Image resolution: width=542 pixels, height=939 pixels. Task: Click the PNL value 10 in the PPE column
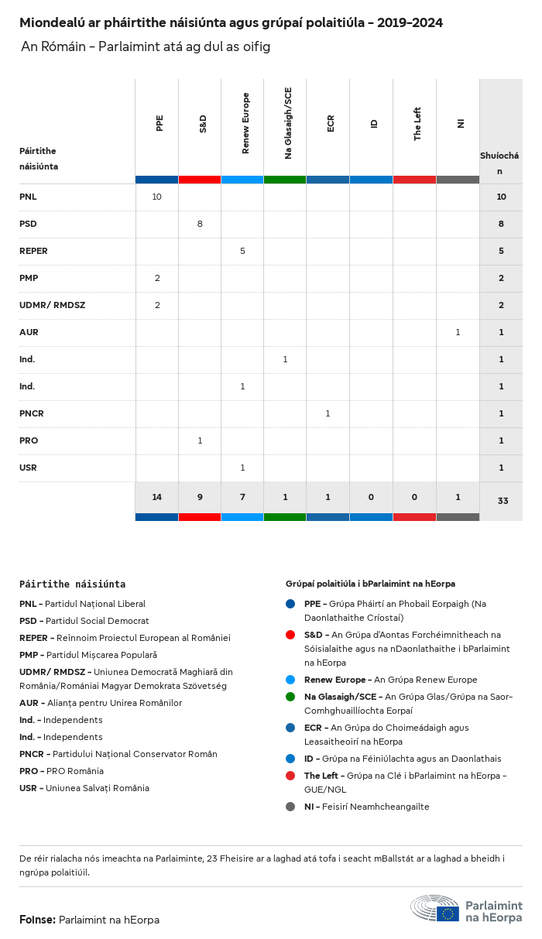pyautogui.click(x=156, y=197)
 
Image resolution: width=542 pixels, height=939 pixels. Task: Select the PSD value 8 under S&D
pyautogui.click(x=200, y=224)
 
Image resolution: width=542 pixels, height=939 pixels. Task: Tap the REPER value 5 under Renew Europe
pyautogui.click(x=242, y=251)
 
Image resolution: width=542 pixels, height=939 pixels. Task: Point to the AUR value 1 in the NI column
pyautogui.click(x=458, y=332)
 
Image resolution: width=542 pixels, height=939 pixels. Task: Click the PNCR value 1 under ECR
pyautogui.click(x=328, y=413)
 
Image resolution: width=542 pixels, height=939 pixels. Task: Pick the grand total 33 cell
pyautogui.click(x=503, y=501)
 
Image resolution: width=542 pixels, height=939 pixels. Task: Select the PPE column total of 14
pyautogui.click(x=156, y=497)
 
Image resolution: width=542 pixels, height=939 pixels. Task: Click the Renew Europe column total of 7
pyautogui.click(x=242, y=497)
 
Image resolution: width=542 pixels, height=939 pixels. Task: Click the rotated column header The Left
pyautogui.click(x=417, y=124)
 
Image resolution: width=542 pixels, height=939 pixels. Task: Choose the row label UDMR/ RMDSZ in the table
pyautogui.click(x=52, y=305)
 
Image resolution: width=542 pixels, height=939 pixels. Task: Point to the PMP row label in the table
pyautogui.click(x=29, y=278)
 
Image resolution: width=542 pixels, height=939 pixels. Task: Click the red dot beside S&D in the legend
pyautogui.click(x=290, y=635)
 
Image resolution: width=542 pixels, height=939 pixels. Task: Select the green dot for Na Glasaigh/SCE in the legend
pyautogui.click(x=290, y=697)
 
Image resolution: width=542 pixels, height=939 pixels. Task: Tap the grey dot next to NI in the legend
pyautogui.click(x=290, y=807)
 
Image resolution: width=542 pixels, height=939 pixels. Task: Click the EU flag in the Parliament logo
pyautogui.click(x=448, y=913)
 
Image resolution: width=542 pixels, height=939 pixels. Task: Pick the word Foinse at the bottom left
pyautogui.click(x=36, y=920)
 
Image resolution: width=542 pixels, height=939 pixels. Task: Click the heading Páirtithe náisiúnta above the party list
pyautogui.click(x=72, y=584)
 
